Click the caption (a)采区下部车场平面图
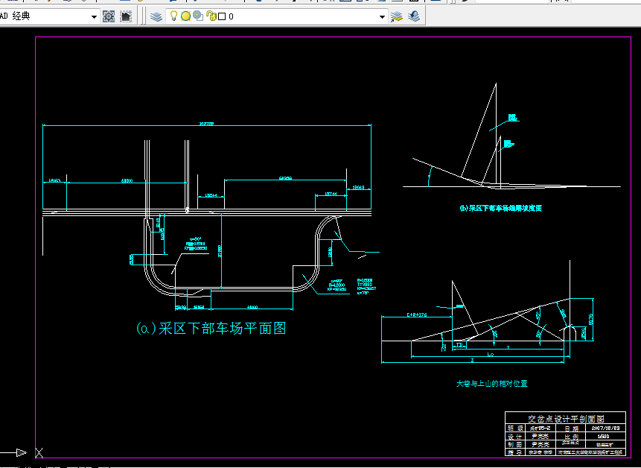coord(211,328)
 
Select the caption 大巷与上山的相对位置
coord(491,384)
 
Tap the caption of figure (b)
coord(500,209)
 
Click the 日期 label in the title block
coord(571,429)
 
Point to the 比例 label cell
coord(571,436)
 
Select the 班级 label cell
coord(515,429)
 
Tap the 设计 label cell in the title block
coord(515,436)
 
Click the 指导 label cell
coord(515,452)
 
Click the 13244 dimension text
coord(211,195)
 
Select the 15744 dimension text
coord(331,194)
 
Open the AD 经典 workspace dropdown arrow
coord(94,16)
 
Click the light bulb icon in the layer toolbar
coord(173,16)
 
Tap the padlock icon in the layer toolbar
coord(211,16)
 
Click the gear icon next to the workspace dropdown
coord(109,16)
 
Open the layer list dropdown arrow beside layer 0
coord(383,16)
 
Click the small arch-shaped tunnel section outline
coord(570,332)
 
